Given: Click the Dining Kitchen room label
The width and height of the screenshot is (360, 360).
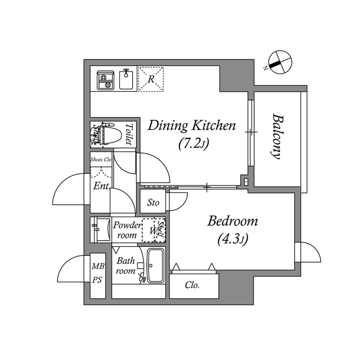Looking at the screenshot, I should [191, 125].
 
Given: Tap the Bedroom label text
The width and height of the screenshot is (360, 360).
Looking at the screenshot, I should [232, 221].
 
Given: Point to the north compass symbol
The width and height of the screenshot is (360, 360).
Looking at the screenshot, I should [278, 62].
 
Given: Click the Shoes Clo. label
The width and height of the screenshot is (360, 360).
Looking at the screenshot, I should [101, 159].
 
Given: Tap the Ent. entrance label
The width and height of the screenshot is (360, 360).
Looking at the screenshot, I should [101, 186].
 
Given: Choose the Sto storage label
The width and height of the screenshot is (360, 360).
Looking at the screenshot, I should [153, 202].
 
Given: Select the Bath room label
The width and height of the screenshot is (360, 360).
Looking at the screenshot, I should [125, 265].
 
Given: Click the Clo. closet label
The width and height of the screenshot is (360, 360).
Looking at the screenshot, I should [192, 285].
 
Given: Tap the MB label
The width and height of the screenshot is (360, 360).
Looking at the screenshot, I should [97, 266].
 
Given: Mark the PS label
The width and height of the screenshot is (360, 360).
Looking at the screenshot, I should [97, 280].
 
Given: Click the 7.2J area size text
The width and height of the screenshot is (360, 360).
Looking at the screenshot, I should [193, 144].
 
